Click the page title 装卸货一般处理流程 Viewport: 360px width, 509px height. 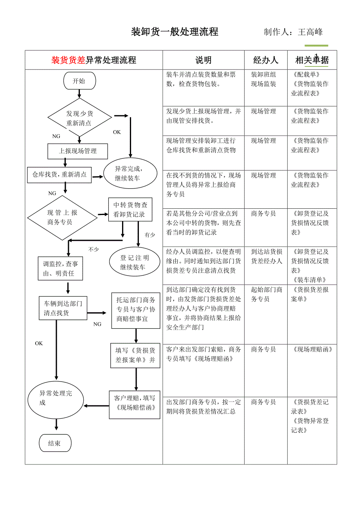(x=175, y=32)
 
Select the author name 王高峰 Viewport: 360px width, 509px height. (x=310, y=32)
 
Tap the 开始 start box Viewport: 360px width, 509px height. (x=79, y=81)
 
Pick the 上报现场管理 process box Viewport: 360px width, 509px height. (x=77, y=151)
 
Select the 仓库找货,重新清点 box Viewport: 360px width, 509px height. (x=59, y=175)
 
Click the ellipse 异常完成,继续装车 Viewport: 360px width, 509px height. (x=130, y=174)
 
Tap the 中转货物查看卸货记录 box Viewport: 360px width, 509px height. (x=130, y=210)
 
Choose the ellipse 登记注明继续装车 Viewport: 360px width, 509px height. (x=135, y=262)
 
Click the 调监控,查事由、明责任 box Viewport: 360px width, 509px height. (x=60, y=269)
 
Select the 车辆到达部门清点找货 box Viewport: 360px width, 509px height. (x=63, y=308)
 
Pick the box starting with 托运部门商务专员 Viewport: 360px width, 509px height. (x=136, y=310)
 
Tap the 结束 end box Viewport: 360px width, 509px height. (x=55, y=443)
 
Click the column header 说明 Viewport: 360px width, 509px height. (x=203, y=60)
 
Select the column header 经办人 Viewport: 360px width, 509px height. (x=266, y=60)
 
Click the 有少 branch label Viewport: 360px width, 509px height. (x=149, y=235)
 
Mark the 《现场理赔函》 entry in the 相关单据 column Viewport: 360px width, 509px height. (x=313, y=349)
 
